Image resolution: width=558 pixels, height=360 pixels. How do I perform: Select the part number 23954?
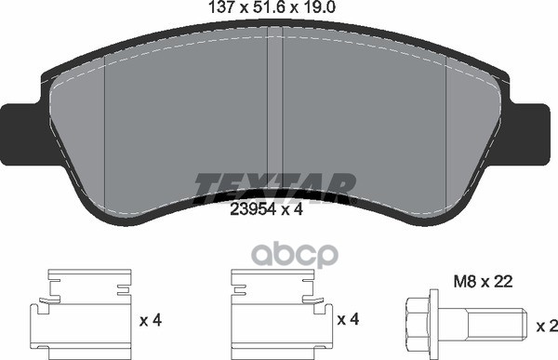[x=248, y=210]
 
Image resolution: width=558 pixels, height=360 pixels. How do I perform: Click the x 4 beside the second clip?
[x=350, y=321]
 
